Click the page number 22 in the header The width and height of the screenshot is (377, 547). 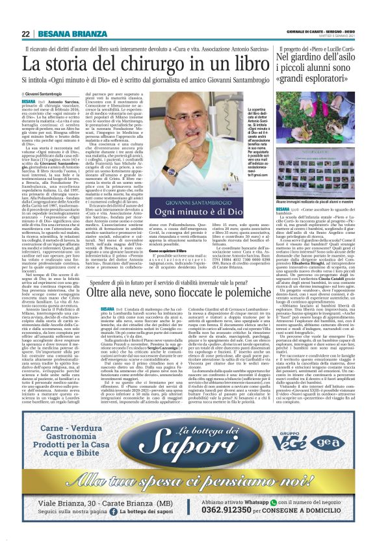[x=26, y=34]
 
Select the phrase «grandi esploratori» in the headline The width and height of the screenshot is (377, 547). [x=319, y=83]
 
